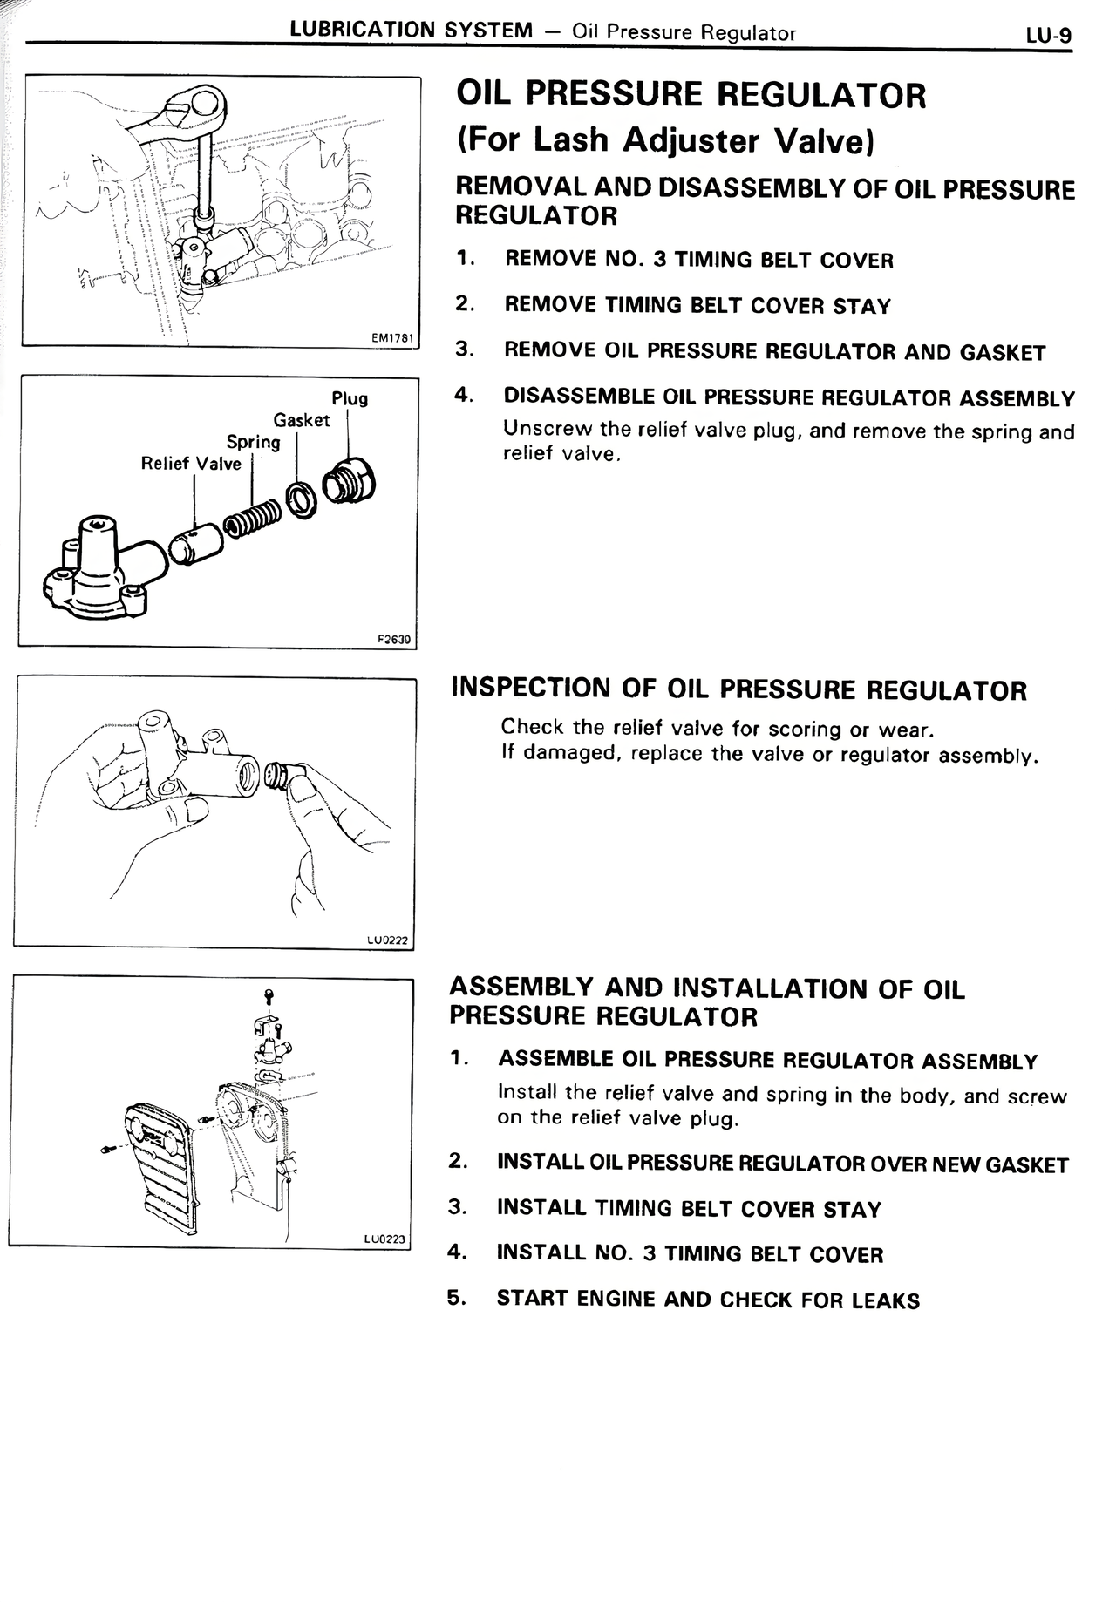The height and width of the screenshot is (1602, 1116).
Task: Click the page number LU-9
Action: pos(1048,35)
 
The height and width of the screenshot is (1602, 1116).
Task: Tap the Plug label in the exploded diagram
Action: pos(350,399)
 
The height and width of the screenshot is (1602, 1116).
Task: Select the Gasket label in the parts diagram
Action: pos(302,420)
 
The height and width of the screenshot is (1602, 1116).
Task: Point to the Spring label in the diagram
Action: pos(253,442)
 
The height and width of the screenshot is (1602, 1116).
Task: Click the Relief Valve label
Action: pos(191,464)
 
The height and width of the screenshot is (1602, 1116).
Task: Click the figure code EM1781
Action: pos(391,337)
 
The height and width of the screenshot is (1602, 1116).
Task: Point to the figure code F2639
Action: pos(393,638)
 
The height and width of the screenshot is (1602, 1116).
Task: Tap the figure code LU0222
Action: pos(387,940)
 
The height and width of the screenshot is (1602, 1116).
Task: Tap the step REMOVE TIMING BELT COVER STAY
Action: pos(697,306)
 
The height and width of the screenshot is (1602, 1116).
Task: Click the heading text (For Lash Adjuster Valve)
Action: pos(665,139)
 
